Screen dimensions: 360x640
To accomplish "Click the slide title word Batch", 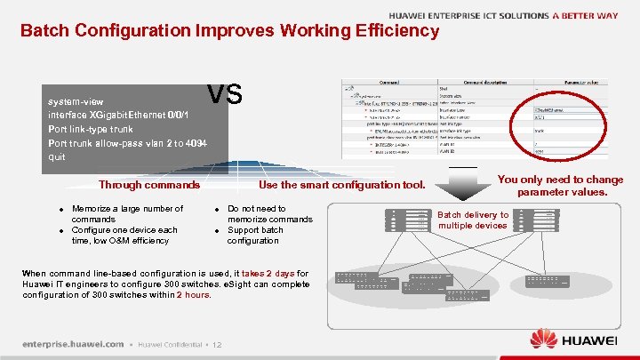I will [44, 31].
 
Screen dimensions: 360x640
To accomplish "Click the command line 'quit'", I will [56, 156].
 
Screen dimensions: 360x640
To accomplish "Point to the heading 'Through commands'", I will [149, 186].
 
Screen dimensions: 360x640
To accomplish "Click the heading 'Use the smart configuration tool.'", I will [342, 186].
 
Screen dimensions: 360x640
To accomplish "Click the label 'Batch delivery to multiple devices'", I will [473, 220].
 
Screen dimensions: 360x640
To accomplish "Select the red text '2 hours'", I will [194, 294].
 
